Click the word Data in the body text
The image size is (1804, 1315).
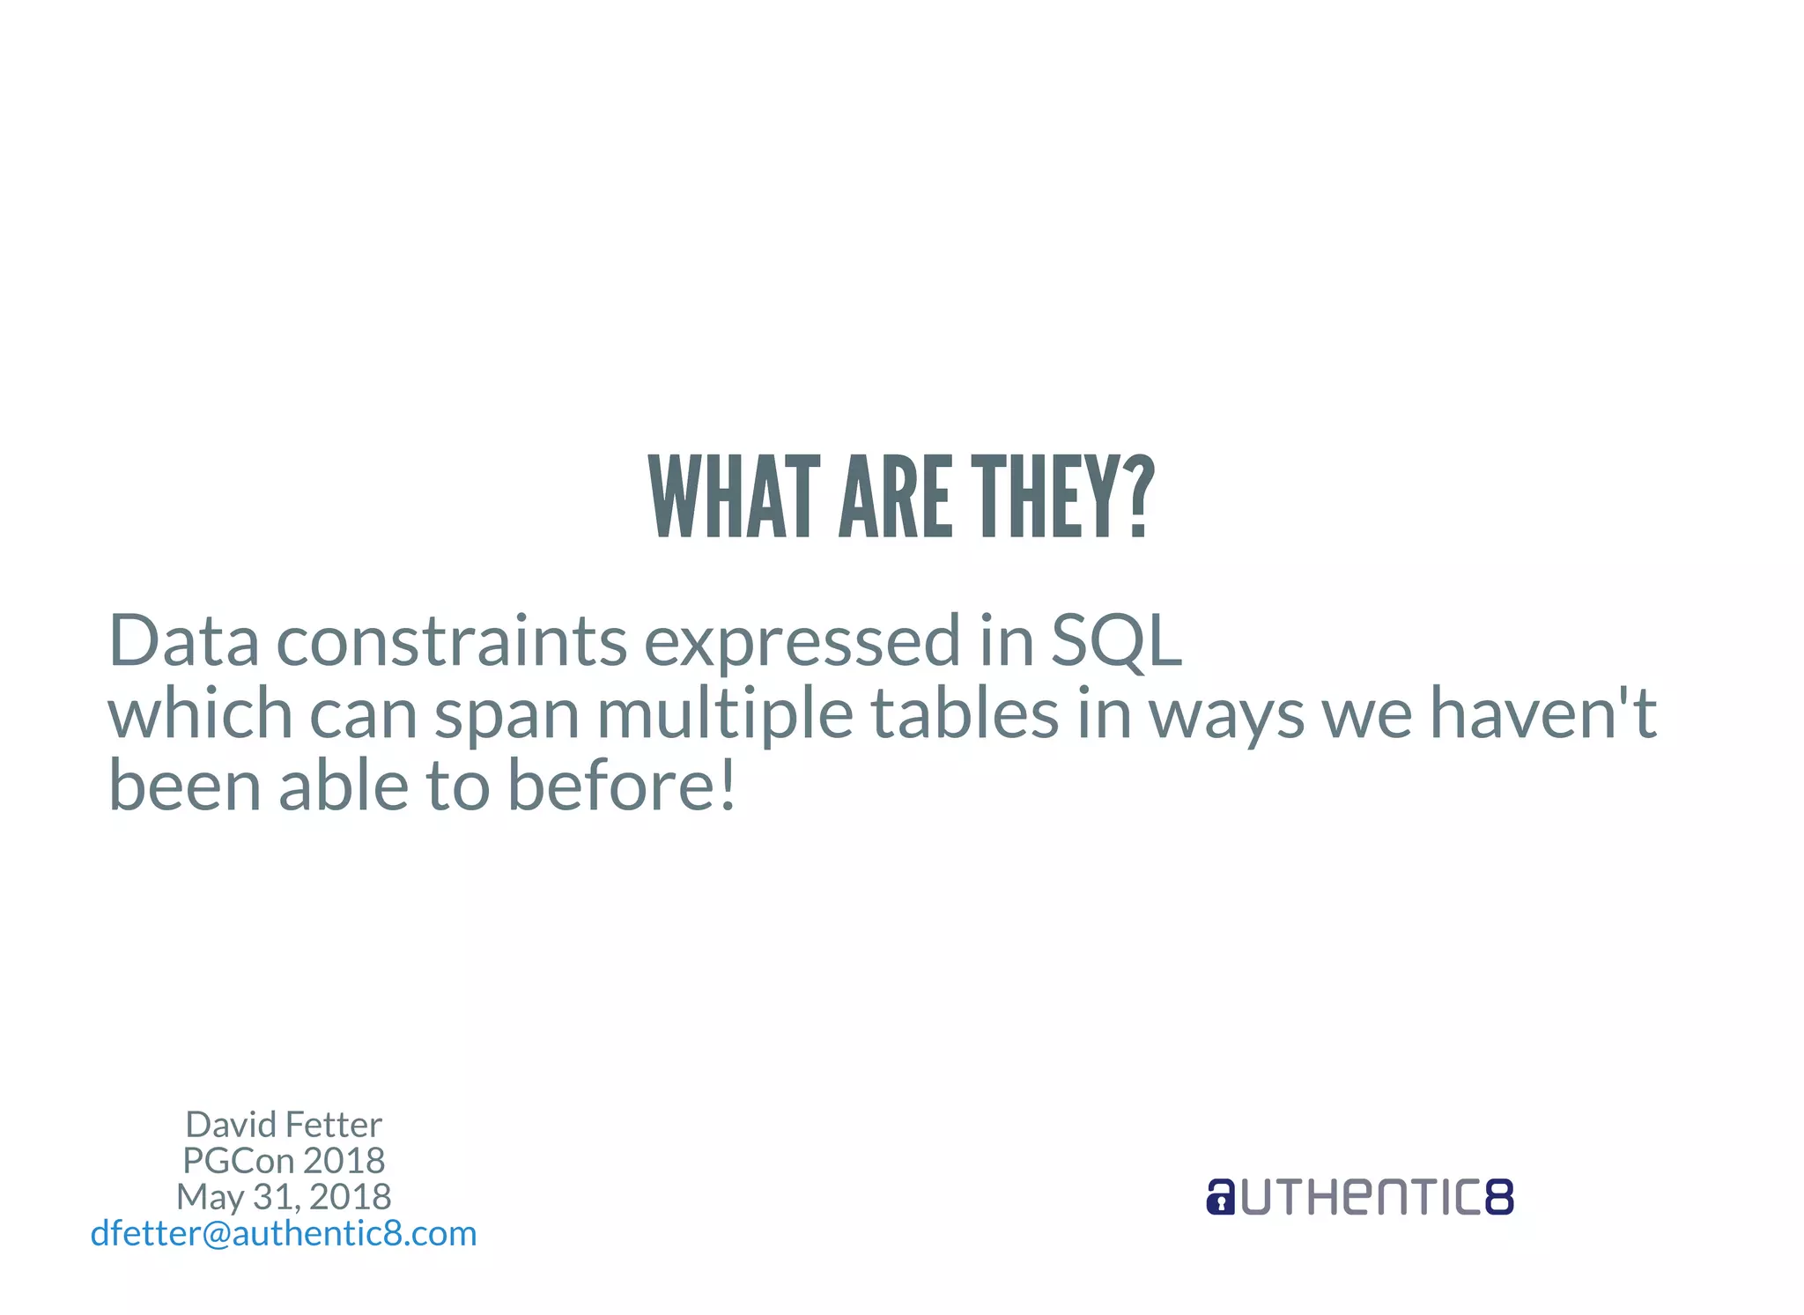pos(183,641)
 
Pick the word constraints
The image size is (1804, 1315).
pos(452,641)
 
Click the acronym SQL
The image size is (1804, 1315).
pos(1116,641)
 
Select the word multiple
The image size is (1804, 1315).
pos(725,713)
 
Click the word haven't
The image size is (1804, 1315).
pos(1542,713)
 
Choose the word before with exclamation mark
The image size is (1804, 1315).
pos(621,786)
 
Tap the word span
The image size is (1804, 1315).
pos(506,713)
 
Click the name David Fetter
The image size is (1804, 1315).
pos(284,1125)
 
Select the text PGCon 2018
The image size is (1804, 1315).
pos(284,1161)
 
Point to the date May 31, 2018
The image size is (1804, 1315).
pos(284,1197)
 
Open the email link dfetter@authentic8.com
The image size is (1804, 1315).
pos(284,1233)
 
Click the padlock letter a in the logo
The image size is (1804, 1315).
pos(1220,1198)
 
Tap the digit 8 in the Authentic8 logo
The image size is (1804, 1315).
pos(1499,1198)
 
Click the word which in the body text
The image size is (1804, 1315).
pos(200,713)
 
